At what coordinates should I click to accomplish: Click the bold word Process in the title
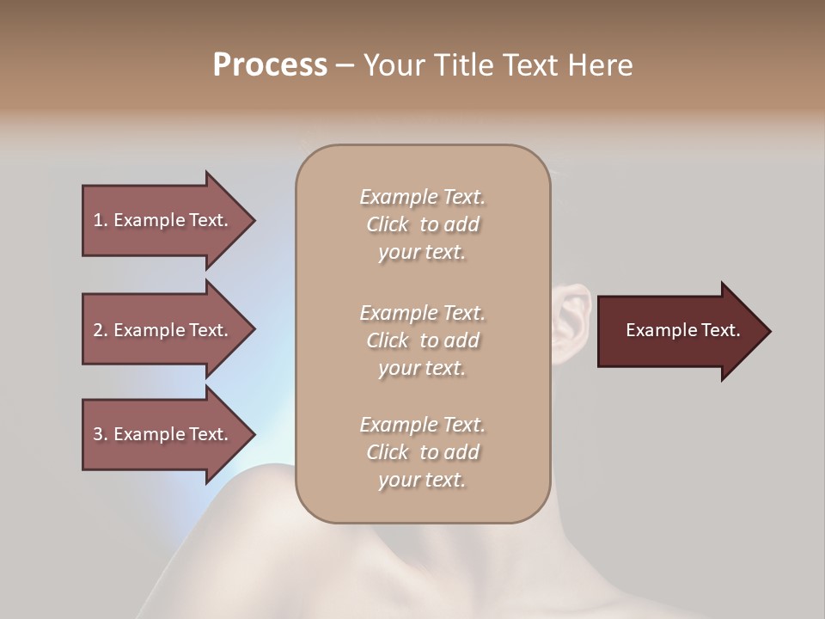click(270, 65)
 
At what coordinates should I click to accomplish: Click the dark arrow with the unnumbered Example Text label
click(679, 331)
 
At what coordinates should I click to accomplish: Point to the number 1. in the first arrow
click(101, 220)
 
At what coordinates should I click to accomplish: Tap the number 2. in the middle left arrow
click(101, 330)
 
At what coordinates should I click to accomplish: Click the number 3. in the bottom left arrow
click(101, 434)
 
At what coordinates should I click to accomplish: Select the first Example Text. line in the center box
click(422, 197)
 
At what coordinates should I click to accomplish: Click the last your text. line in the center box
click(422, 481)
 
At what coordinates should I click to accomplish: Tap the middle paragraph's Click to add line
click(422, 340)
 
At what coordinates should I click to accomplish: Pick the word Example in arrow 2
click(148, 330)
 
